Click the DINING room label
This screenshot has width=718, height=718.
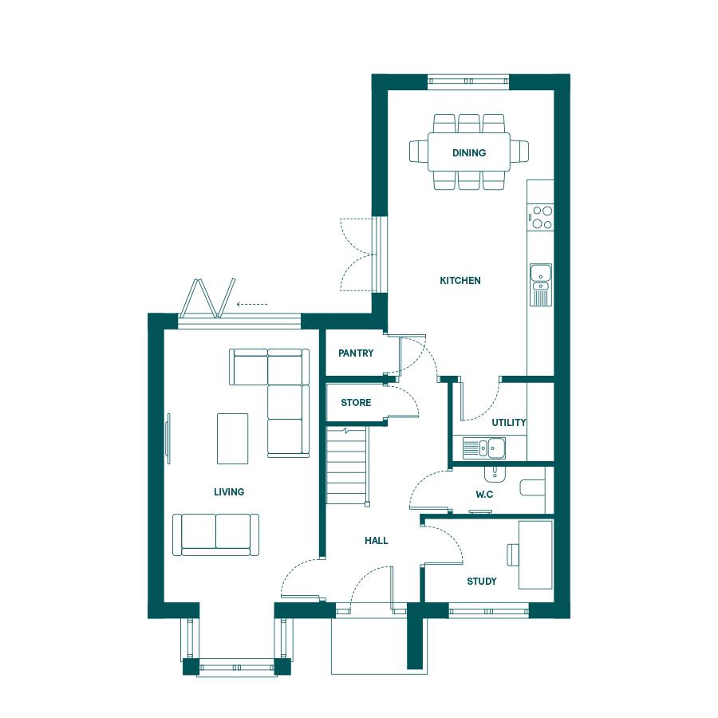point(469,153)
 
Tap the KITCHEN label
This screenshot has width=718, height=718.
point(460,281)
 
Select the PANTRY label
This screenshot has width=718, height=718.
point(356,353)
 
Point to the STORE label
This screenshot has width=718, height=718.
point(356,403)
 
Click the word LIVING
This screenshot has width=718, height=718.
point(229,491)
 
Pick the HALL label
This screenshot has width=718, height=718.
point(377,541)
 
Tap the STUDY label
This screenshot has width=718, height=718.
point(482,581)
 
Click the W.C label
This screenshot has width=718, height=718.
point(484,495)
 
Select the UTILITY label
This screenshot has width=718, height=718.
point(509,422)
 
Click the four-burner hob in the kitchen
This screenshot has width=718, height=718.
point(540,217)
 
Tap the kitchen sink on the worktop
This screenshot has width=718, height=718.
point(541,284)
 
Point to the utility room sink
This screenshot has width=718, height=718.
point(484,448)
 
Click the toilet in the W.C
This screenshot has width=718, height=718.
point(533,487)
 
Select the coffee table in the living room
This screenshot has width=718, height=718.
point(233,439)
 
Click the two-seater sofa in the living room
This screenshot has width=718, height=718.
point(215,535)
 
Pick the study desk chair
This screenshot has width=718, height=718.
point(513,554)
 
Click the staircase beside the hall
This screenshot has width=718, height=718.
point(347,466)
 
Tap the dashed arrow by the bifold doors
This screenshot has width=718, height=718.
point(252,304)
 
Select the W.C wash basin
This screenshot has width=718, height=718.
point(495,474)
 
